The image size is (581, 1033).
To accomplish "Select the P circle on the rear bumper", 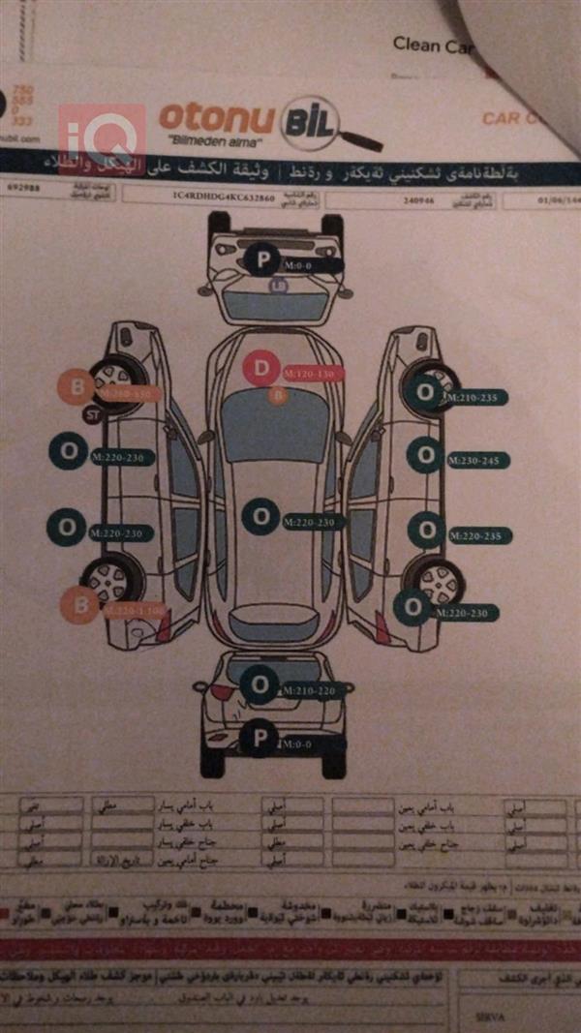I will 259,740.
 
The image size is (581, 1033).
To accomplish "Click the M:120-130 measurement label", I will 313,374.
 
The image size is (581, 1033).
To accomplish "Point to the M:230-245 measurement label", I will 477,461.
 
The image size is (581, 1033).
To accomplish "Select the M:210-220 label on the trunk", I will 312,690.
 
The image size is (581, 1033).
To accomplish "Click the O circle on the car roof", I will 260,517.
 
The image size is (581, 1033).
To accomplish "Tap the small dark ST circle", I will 94,416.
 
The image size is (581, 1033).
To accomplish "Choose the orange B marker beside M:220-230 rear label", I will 79,606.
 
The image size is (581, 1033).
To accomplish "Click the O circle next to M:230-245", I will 424,455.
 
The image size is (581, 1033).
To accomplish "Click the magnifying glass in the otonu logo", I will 320,124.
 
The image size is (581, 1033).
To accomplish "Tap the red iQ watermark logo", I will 102,136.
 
